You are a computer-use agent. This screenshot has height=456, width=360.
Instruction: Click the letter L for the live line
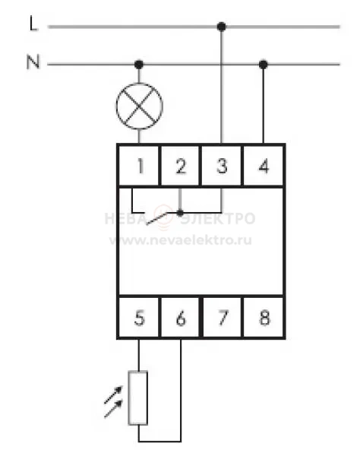[x=33, y=24]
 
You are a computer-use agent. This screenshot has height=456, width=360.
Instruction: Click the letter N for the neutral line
[x=33, y=62]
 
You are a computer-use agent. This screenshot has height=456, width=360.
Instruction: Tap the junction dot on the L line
[x=222, y=27]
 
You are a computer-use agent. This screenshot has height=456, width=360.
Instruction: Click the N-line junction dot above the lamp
[x=139, y=65]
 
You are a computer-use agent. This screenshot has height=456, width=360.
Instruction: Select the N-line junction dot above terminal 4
[x=264, y=65]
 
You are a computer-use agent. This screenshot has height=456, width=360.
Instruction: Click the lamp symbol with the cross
[x=140, y=106]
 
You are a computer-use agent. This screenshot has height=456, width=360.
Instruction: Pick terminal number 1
[x=141, y=166]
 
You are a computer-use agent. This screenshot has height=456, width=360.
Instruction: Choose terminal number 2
[x=181, y=166]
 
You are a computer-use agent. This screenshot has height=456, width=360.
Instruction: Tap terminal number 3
[x=222, y=166]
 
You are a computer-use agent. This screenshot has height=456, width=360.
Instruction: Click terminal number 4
[x=264, y=166]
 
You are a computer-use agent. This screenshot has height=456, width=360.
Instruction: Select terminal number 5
[x=140, y=318]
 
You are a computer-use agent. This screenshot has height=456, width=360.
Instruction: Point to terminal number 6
[x=181, y=318]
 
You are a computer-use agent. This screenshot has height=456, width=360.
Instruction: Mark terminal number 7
[x=223, y=318]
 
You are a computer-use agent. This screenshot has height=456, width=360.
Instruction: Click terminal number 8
[x=264, y=318]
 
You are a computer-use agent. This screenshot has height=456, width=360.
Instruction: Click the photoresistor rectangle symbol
[x=138, y=397]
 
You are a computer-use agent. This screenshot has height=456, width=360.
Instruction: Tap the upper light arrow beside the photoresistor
[x=113, y=394]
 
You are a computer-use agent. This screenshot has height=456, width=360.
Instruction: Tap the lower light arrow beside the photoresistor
[x=113, y=409]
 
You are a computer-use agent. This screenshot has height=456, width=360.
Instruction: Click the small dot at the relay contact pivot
[x=180, y=213]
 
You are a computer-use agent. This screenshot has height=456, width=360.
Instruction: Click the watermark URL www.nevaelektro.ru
[x=181, y=240]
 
